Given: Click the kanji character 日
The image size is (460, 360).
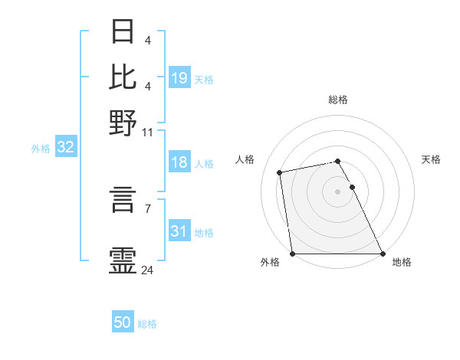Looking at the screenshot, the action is [x=123, y=32].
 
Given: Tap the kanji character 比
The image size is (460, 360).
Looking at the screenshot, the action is [x=123, y=77].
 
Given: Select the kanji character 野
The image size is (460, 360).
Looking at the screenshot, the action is [x=123, y=121].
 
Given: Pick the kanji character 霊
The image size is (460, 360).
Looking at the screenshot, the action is [x=123, y=260].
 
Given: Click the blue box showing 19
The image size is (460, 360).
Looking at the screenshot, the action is [x=179, y=78].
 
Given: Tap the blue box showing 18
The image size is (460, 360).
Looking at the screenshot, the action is [x=179, y=162].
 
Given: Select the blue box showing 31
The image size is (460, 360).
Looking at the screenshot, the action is [x=179, y=231].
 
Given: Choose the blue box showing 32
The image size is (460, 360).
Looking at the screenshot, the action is [x=65, y=148].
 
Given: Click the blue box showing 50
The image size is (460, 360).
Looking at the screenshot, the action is [x=123, y=323].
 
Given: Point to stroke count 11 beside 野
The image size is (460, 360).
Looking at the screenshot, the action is [x=148, y=132].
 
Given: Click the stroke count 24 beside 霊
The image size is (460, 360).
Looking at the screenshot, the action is [x=148, y=270].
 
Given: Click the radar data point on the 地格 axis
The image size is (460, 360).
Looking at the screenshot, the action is [x=382, y=254].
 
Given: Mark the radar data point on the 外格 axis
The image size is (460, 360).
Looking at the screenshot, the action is [x=293, y=254].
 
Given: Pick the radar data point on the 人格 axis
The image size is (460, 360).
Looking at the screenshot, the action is [x=281, y=172].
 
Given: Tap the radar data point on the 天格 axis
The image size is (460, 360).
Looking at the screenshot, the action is [x=352, y=187].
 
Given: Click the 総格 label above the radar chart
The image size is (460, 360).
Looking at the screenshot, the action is [x=337, y=100].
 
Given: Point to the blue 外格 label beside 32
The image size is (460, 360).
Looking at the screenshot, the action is [x=40, y=149].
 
